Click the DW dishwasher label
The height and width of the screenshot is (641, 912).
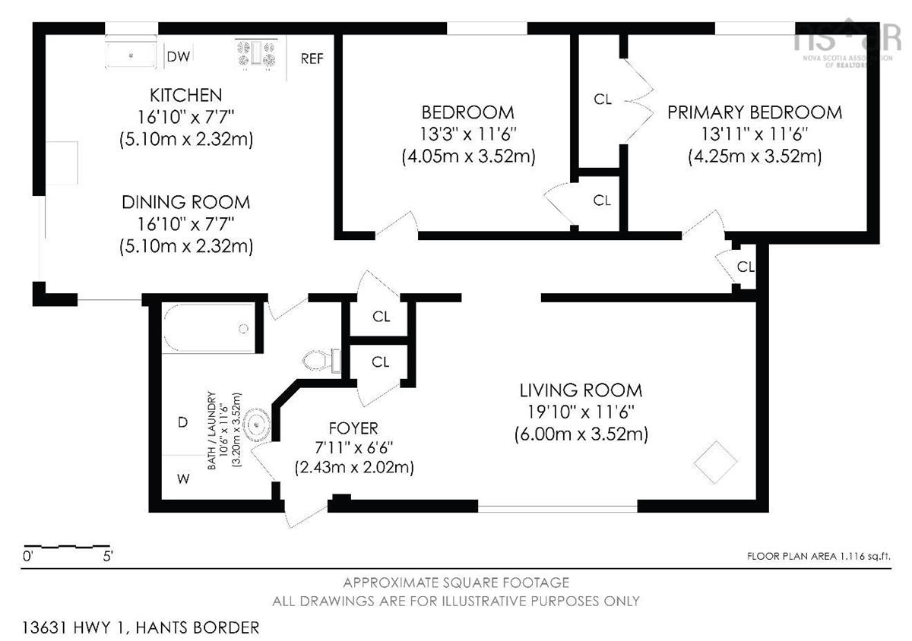pyautogui.click(x=179, y=56)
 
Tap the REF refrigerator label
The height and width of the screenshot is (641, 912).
pyautogui.click(x=312, y=58)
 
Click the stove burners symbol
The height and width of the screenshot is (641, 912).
pyautogui.click(x=257, y=53)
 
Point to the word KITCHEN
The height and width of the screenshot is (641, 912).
pyautogui.click(x=186, y=95)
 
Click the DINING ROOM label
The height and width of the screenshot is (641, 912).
pyautogui.click(x=186, y=202)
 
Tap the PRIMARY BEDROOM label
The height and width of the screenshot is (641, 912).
pyautogui.click(x=755, y=112)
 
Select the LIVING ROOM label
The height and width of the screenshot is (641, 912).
pyautogui.click(x=581, y=390)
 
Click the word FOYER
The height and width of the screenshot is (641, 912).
pyautogui.click(x=353, y=428)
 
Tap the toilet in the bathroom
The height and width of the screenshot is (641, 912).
pyautogui.click(x=321, y=360)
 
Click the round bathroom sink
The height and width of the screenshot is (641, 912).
pyautogui.click(x=257, y=425)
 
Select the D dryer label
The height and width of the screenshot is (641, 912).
pyautogui.click(x=183, y=422)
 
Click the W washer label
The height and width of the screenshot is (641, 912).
pyautogui.click(x=183, y=478)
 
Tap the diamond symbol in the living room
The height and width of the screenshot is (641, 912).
pyautogui.click(x=715, y=463)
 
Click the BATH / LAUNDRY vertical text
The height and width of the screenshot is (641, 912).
pyautogui.click(x=211, y=431)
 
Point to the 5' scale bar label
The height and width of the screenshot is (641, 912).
pyautogui.click(x=107, y=556)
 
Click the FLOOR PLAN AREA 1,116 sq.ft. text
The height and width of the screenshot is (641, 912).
pyautogui.click(x=819, y=556)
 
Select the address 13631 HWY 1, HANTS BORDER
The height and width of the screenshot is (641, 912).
pyautogui.click(x=141, y=627)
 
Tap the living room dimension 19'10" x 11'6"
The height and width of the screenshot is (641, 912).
pyautogui.click(x=581, y=412)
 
